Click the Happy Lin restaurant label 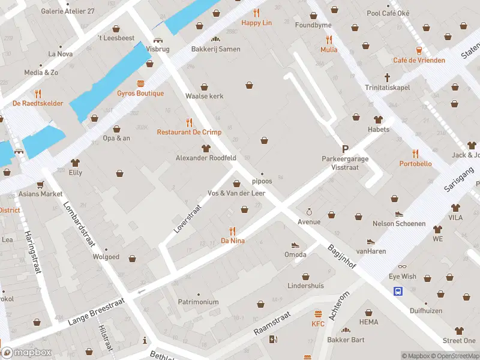(257, 23)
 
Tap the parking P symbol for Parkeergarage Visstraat (345, 149)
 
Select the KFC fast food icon (318, 314)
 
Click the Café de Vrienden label (419, 60)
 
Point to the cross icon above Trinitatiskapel (388, 77)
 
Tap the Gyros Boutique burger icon (140, 83)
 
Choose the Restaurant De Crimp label (189, 132)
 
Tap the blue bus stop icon (398, 292)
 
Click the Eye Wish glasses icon (402, 266)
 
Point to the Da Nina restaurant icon (233, 230)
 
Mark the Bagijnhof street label (342, 257)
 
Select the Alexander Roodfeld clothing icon (206, 148)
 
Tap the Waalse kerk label (204, 96)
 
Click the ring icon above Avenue (309, 212)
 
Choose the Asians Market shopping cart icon (40, 184)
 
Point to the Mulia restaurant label (328, 50)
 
